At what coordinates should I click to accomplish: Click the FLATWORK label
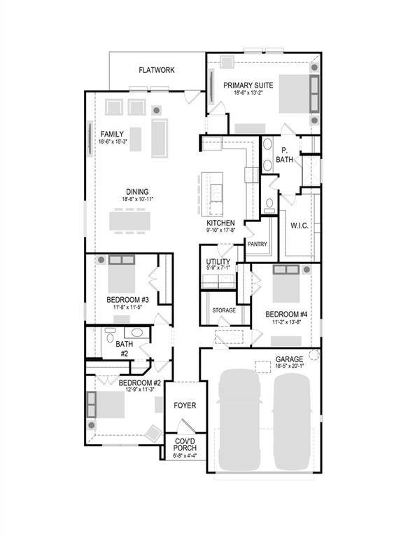157,70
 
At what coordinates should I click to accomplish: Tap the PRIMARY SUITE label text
248,85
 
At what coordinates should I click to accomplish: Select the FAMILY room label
112,134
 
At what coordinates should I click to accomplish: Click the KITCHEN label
220,223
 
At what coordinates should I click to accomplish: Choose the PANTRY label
257,244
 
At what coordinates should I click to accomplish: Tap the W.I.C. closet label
300,225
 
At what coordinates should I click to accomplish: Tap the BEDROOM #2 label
140,383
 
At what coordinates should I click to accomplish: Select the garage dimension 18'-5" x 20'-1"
289,366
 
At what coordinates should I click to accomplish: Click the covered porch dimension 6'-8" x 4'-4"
185,456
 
